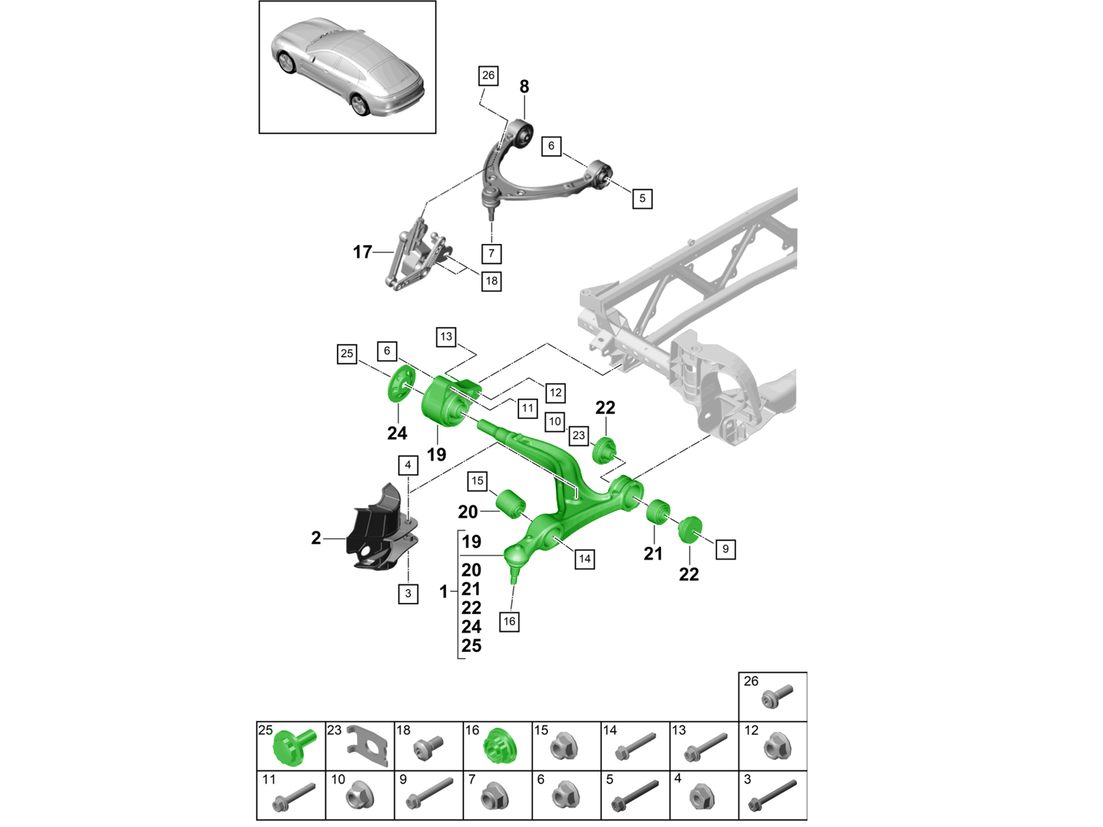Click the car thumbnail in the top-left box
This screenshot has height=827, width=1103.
coord(347,67)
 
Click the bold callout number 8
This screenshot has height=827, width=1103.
coord(524,87)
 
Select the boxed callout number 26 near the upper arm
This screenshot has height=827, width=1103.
coord(488,75)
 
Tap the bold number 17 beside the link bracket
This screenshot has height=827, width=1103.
coord(363,252)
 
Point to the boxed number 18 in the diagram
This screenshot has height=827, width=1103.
coord(491,280)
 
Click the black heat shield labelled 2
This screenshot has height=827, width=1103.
coord(376,531)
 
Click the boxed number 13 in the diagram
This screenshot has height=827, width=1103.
coord(446,336)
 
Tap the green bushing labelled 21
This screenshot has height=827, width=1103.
coord(658,511)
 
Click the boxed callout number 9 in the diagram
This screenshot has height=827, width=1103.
coord(725,549)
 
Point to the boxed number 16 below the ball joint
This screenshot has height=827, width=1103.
coord(509,621)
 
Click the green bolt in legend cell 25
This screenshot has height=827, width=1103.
coord(294,748)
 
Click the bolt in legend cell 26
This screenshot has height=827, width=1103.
coord(776,697)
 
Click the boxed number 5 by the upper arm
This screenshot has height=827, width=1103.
coord(642,198)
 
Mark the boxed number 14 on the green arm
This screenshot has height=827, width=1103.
coord(585,559)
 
